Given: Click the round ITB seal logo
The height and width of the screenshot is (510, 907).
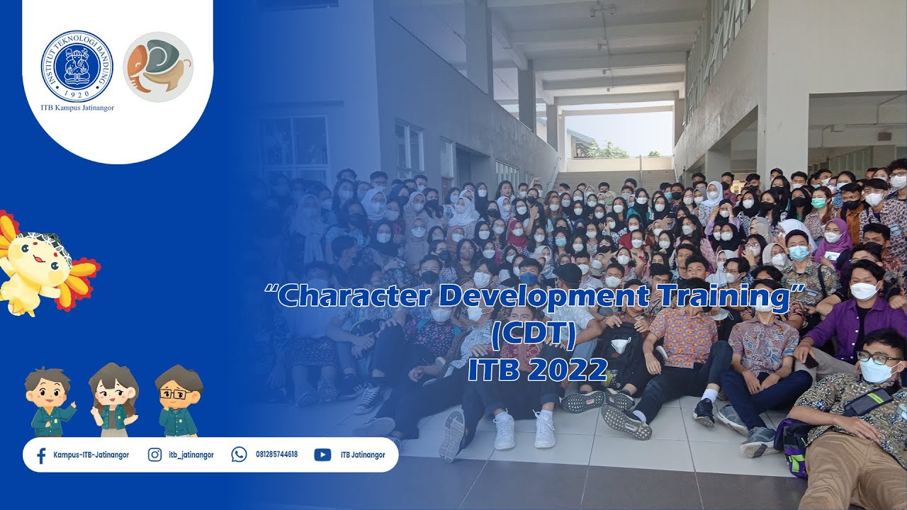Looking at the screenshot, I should [x=77, y=66].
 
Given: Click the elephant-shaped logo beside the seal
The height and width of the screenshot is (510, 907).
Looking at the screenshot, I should [x=158, y=67].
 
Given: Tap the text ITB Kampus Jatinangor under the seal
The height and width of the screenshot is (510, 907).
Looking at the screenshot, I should [x=77, y=108].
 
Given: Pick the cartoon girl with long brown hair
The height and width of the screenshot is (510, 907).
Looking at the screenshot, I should [x=113, y=400].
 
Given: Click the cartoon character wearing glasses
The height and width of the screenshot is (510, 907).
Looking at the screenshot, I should [x=178, y=401].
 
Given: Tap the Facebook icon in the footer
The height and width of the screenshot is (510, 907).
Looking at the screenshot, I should [x=41, y=455].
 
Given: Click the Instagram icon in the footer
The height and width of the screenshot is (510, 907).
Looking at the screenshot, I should [x=154, y=455].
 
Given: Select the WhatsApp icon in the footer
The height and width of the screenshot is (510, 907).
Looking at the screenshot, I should [x=239, y=455].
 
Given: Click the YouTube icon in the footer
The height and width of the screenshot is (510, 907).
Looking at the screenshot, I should [x=322, y=455].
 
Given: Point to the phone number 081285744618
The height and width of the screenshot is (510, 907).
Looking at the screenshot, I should [x=276, y=455].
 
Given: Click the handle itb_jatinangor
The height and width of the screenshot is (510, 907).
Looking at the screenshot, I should [x=191, y=455].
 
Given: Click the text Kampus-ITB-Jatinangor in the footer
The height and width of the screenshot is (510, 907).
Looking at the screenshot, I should [x=91, y=455].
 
